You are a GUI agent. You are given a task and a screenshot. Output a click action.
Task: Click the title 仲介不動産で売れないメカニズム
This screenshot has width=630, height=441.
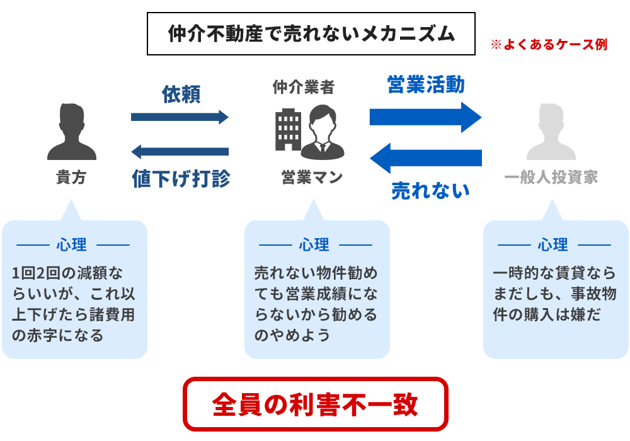(x=311, y=34)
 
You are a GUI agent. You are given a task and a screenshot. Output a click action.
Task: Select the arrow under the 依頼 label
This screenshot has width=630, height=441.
(x=180, y=117)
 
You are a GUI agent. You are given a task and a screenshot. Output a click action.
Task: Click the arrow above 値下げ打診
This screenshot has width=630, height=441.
(x=180, y=151)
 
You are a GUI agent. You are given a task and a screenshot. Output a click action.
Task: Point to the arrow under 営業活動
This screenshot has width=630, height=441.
(x=425, y=117)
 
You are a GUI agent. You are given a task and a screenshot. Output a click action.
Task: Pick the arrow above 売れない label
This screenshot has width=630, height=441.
(x=425, y=157)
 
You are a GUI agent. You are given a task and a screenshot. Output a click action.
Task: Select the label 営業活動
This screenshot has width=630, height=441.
(x=426, y=85)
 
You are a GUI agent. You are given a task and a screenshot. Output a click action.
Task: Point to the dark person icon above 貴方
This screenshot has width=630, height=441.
(x=72, y=132)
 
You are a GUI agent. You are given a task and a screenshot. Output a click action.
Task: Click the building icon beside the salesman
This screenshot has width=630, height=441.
(x=287, y=129)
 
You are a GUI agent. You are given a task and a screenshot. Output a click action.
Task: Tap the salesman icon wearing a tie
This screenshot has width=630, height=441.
(x=323, y=132)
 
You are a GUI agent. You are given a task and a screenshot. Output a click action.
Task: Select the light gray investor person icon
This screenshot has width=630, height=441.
(x=551, y=132)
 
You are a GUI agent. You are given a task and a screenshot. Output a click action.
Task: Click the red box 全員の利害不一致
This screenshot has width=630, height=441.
(x=315, y=404)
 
